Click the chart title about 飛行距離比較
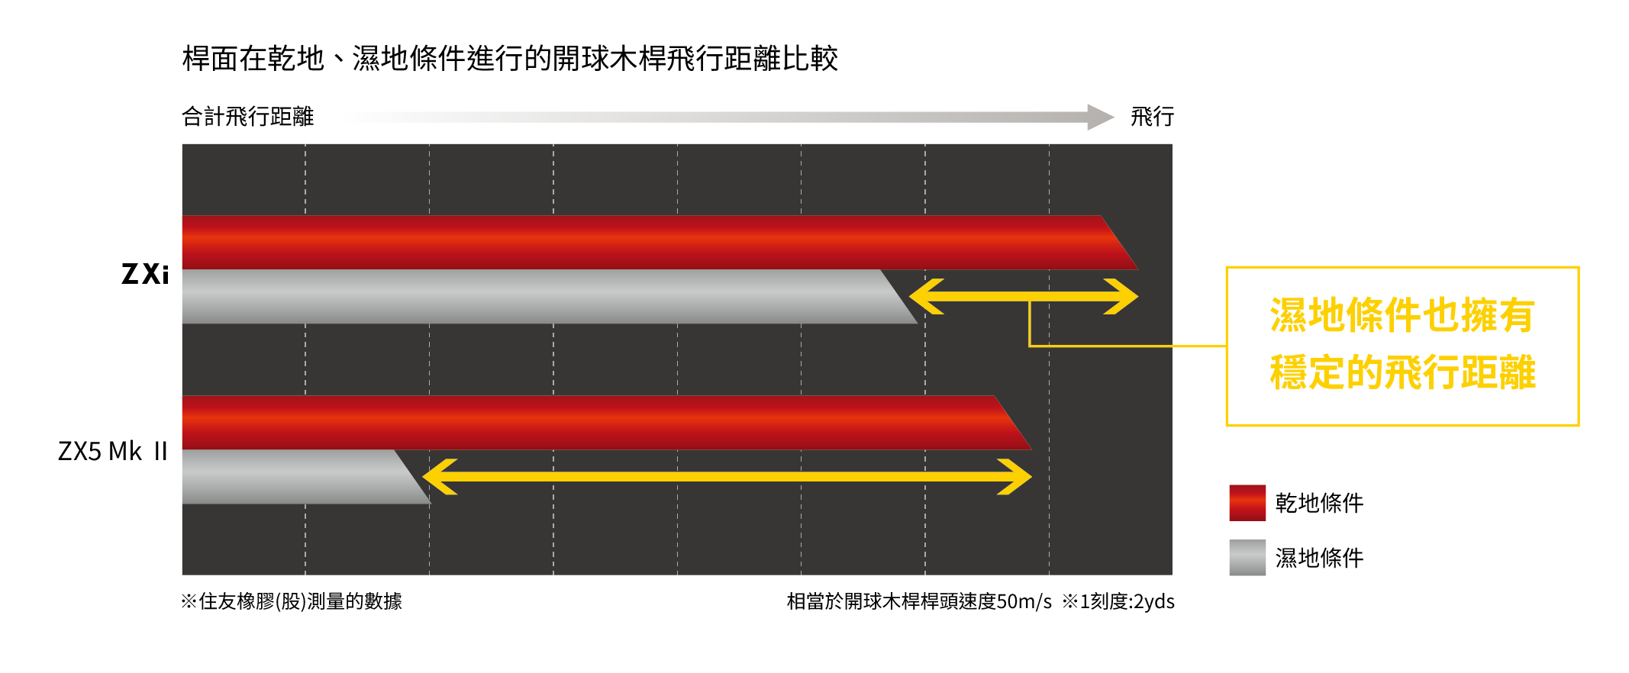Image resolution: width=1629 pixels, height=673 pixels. coord(510,59)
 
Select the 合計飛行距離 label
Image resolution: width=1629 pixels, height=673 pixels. coord(247,117)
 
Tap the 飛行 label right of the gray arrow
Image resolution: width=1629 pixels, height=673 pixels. coord(1152,117)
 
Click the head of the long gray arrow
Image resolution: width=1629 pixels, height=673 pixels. coord(1100,117)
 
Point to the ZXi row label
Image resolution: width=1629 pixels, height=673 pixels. coord(145,274)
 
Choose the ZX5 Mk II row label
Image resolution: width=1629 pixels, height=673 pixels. coord(113,451)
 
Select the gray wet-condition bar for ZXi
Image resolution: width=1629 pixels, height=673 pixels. coord(534,297)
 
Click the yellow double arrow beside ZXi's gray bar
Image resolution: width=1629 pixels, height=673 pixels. coord(1023,296)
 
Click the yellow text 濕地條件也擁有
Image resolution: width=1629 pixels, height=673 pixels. coord(1402,315)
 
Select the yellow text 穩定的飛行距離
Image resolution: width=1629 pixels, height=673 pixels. coord(1402,373)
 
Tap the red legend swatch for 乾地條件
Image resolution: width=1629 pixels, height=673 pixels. coord(1247,503)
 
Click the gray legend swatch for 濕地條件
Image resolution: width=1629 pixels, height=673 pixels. coord(1247,558)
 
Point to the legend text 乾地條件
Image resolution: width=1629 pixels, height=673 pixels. coord(1319,504)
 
